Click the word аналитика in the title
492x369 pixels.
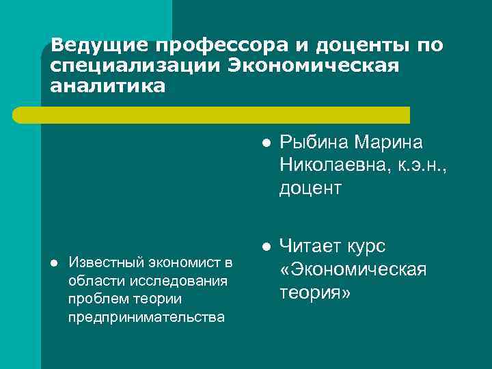click(107, 87)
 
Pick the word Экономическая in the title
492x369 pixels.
click(312, 66)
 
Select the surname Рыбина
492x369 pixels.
click(315, 143)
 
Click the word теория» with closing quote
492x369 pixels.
click(315, 292)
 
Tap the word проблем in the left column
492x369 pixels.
click(94, 299)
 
